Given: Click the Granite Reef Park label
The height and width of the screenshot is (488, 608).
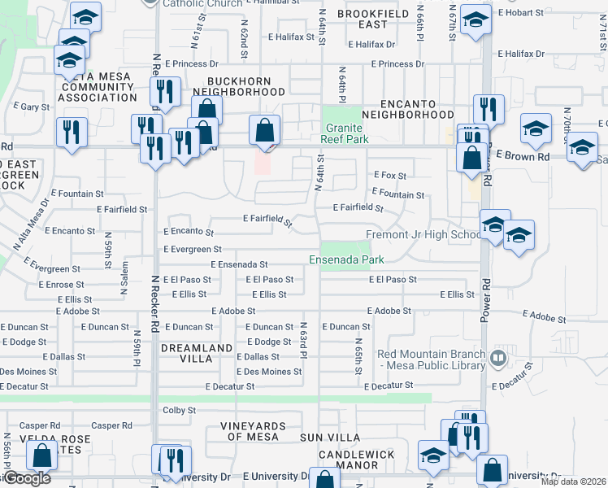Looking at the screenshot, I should click(x=347, y=133).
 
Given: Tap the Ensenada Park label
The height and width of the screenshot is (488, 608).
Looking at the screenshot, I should click(x=345, y=260).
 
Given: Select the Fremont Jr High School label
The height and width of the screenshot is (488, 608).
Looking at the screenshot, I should click(x=423, y=235).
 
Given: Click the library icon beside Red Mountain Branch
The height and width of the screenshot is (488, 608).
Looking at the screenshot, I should click(x=498, y=356).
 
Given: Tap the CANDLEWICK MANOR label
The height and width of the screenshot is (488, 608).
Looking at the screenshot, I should click(x=356, y=460).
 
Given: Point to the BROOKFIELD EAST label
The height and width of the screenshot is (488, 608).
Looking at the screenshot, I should click(x=373, y=20).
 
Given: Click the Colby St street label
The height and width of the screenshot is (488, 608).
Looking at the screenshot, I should click(x=180, y=411).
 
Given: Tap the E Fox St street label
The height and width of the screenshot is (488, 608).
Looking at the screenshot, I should click(x=389, y=175).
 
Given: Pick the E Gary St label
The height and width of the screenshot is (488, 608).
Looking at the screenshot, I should click(x=32, y=107).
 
